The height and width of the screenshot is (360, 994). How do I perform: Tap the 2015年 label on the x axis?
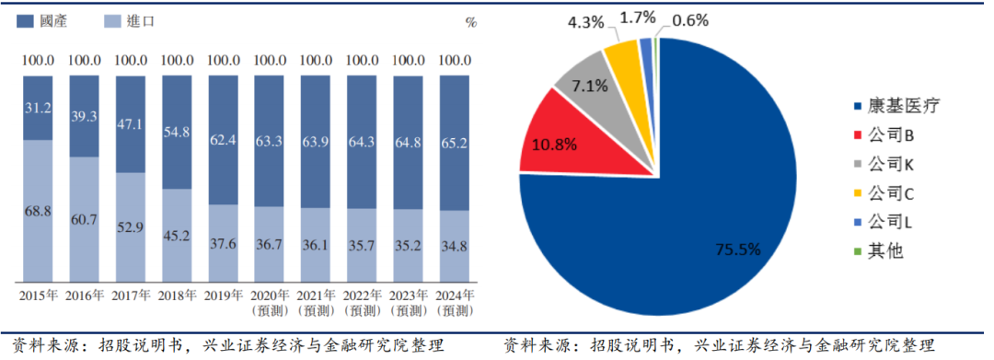(x=38, y=296)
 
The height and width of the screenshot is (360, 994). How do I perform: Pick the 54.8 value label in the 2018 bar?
(x=177, y=132)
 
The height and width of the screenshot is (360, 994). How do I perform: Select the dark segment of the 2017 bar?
(x=130, y=123)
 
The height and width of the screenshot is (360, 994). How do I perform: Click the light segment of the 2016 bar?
(x=84, y=219)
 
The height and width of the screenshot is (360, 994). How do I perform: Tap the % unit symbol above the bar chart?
(x=471, y=22)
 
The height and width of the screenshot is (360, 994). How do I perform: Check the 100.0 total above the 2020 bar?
(x=270, y=61)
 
